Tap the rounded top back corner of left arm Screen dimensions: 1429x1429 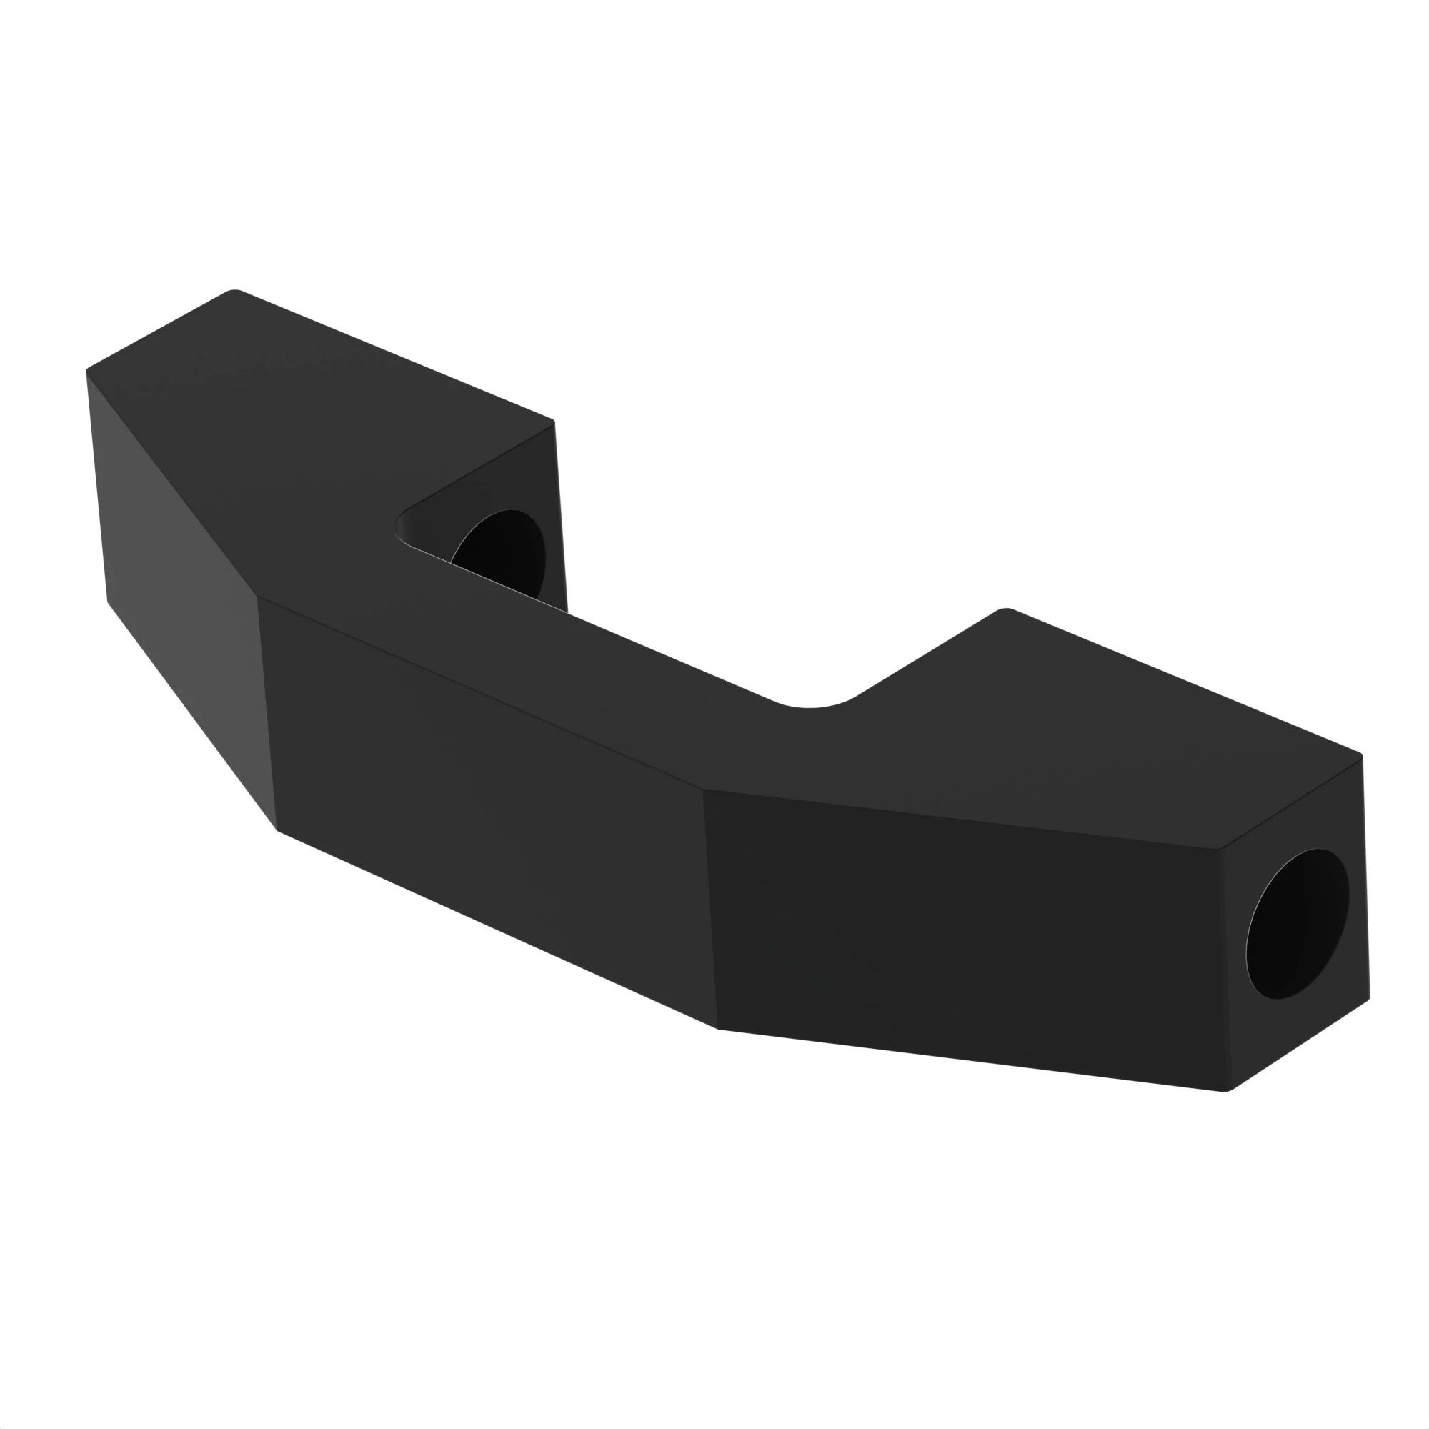[x=234, y=291]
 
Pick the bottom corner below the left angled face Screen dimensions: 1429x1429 [x=277, y=829]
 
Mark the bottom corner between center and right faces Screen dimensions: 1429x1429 [x=717, y=1028]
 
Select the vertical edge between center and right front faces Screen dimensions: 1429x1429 [x=710, y=910]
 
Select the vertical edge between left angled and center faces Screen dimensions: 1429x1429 [x=267, y=714]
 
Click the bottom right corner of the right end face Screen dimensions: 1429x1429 [x=1369, y=997]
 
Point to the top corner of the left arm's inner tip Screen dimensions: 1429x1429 [x=553, y=423]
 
